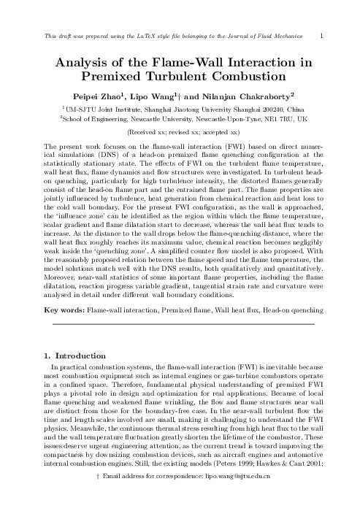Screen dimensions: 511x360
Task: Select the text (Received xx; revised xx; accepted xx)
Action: (x=180, y=133)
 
